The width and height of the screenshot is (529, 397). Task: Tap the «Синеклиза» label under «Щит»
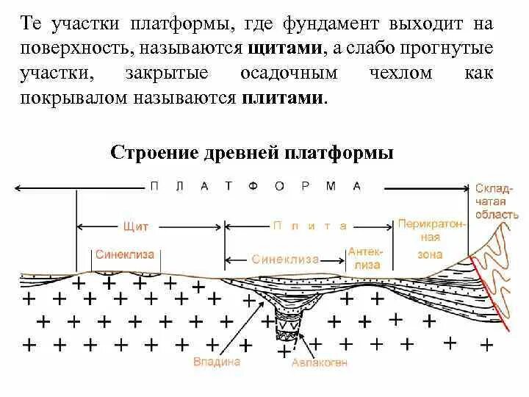pos(125,254)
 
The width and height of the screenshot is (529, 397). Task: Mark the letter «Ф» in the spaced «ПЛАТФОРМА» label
pos(253,187)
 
